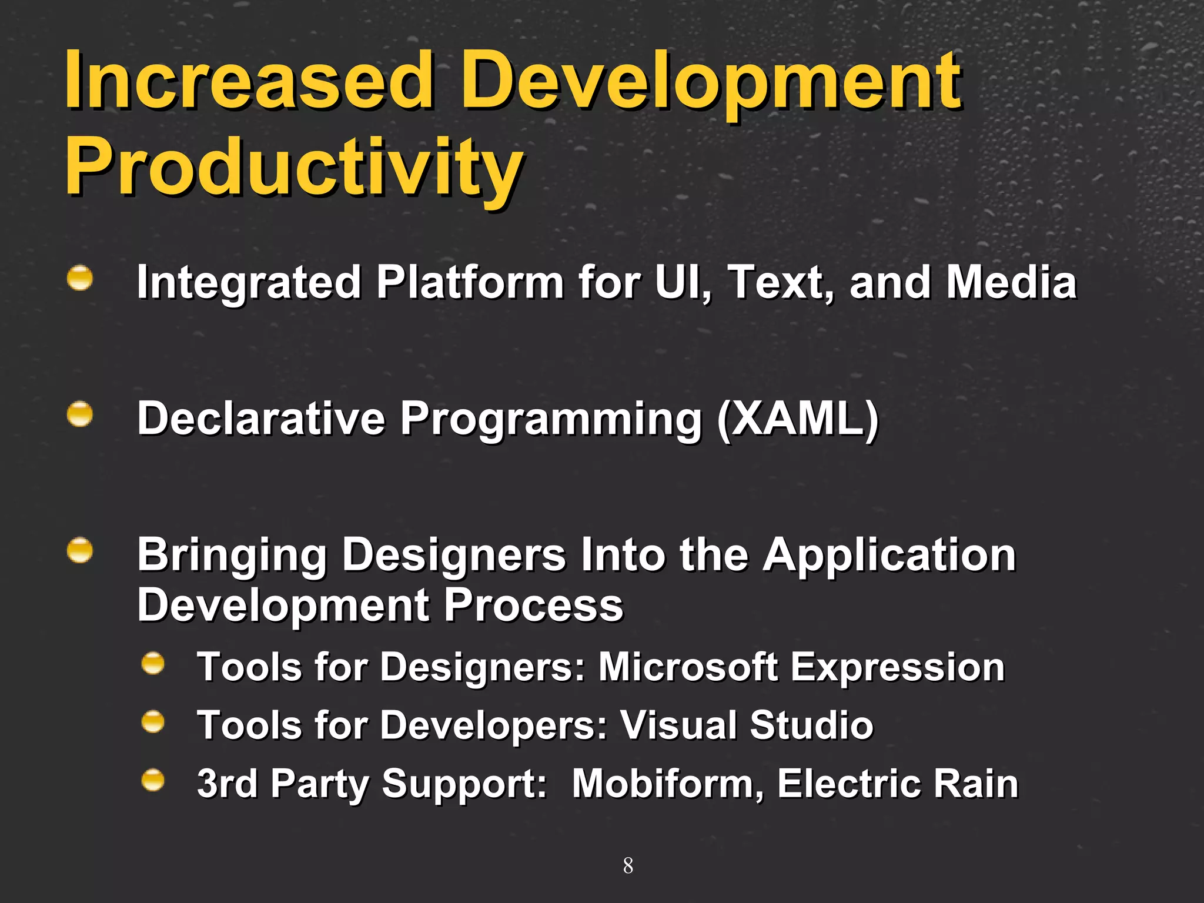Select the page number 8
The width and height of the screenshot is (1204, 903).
coord(628,866)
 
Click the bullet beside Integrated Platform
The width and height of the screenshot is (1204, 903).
coord(79,278)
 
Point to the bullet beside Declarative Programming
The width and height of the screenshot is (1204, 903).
coord(79,414)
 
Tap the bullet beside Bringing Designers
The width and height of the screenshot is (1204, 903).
coord(79,551)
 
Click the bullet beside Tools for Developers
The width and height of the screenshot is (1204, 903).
coord(153,721)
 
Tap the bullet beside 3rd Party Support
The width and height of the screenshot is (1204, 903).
coord(153,780)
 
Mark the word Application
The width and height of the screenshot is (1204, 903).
coord(889,556)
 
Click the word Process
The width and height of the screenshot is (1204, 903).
coord(533,606)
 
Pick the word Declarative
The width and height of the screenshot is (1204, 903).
coord(260,419)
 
